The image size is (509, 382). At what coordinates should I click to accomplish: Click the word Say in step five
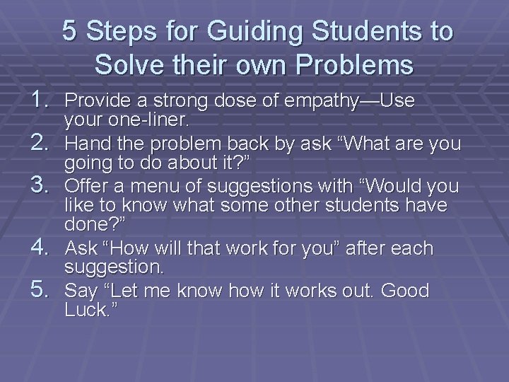tap(79, 291)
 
